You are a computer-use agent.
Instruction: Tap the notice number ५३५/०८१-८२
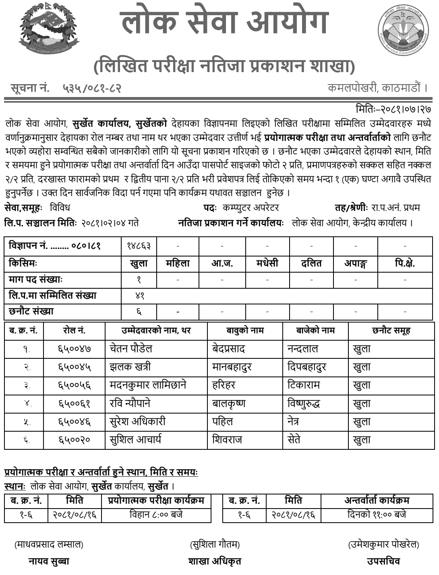tap(92, 87)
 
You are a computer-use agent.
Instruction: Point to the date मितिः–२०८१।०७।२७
tap(393, 109)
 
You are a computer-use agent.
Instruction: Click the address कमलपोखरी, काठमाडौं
tap(377, 87)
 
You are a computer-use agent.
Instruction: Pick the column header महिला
tap(178, 263)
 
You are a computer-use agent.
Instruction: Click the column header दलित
tap(311, 263)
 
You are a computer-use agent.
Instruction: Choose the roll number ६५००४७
tap(75, 349)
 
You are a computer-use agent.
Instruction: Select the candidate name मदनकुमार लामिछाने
tap(148, 385)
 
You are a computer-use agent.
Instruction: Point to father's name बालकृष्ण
tap(229, 403)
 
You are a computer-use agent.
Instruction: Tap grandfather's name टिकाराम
tap(304, 385)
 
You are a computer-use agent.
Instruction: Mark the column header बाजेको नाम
tap(315, 331)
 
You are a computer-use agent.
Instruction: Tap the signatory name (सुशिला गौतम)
tap(215, 545)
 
